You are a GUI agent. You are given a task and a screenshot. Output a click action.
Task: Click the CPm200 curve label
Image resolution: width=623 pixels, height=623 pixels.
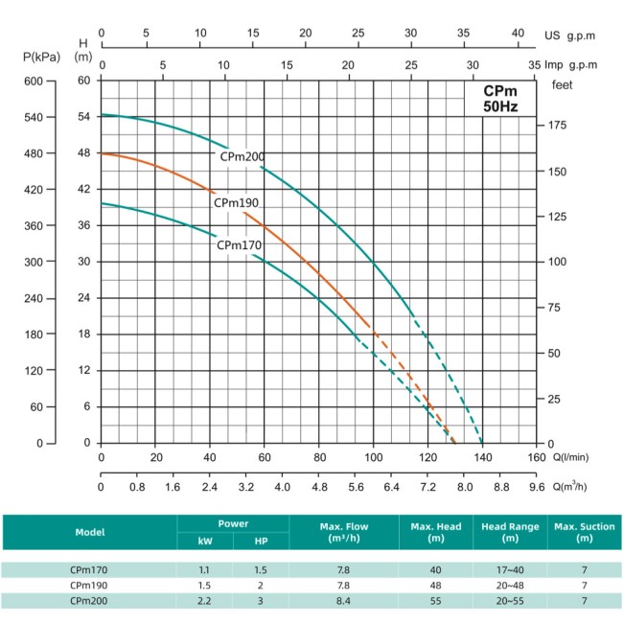242,157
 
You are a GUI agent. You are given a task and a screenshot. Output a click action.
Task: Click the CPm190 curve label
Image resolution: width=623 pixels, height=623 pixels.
237,202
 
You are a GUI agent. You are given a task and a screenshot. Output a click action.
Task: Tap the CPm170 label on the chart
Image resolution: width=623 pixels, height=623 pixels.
239,244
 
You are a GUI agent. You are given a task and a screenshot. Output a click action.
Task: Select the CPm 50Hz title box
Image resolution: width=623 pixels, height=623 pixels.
499,99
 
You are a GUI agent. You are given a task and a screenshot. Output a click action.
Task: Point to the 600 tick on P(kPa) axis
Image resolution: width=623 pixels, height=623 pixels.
34,81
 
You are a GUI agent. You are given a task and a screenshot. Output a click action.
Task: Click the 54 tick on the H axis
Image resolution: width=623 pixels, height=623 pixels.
83,117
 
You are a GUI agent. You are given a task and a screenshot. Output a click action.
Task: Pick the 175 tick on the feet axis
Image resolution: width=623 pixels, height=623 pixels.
558,126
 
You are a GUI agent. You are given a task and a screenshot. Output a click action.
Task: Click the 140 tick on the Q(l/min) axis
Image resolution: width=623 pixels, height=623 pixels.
483,458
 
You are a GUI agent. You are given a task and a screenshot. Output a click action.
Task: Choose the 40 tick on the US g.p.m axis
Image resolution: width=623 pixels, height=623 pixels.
519,33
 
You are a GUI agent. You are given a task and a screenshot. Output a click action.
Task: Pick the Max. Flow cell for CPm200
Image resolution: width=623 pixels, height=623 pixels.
344,601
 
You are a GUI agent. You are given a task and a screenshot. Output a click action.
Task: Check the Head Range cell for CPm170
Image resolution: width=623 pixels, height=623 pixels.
511,569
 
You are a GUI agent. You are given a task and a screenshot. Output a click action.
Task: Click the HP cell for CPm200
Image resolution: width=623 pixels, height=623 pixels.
261,601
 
